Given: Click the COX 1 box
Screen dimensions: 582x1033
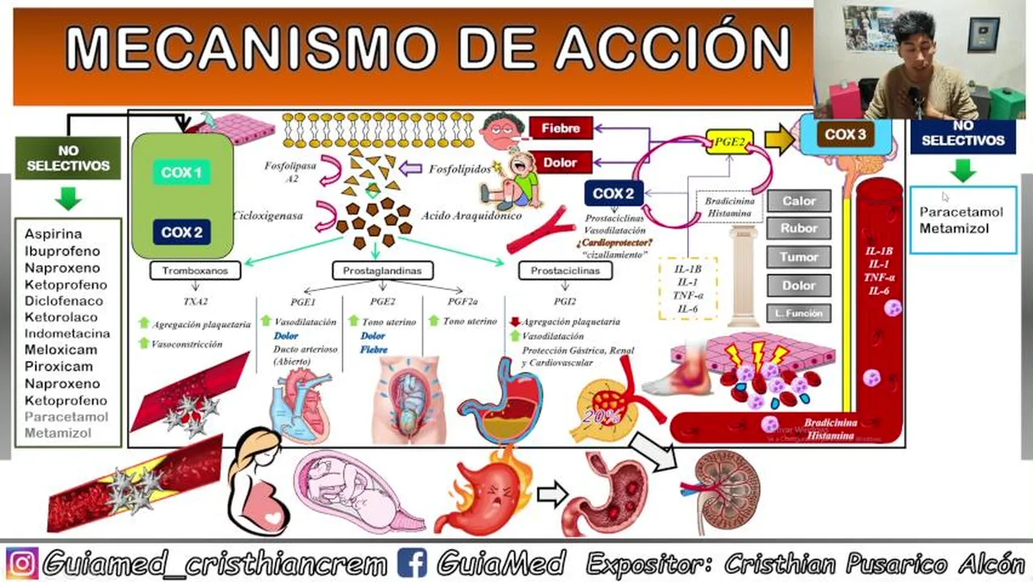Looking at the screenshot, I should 182,172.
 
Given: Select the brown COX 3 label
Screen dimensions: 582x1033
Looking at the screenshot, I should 845,135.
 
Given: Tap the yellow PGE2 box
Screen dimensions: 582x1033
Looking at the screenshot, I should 729,141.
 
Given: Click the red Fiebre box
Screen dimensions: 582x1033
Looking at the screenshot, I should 560,129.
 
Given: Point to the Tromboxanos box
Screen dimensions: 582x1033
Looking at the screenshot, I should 195,271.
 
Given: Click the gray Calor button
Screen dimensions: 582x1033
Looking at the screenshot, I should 799,201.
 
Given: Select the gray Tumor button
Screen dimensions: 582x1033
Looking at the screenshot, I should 799,257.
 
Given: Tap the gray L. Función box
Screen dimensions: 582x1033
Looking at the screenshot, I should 799,314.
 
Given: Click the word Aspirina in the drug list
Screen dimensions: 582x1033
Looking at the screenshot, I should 53,234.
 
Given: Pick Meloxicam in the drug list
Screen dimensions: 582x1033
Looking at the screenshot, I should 61,350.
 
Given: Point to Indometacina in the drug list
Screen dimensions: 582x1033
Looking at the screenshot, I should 67,333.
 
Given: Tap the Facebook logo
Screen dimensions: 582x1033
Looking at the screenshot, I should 412,563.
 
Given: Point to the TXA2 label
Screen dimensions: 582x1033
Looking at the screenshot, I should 195,301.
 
